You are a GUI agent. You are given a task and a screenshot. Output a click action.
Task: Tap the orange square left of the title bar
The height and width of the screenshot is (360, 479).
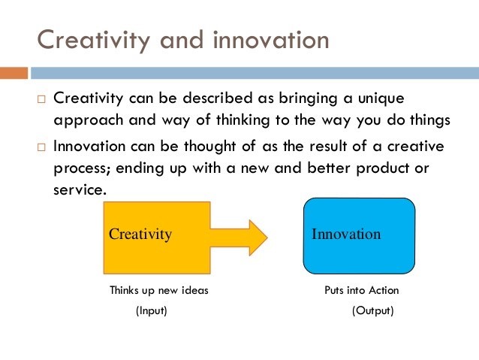click(14, 74)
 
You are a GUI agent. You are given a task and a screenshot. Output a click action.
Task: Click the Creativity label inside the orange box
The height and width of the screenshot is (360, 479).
click(140, 234)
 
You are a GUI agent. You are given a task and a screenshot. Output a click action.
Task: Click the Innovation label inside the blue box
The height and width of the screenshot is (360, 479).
click(346, 234)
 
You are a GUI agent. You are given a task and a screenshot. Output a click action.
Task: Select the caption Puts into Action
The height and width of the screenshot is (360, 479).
click(362, 290)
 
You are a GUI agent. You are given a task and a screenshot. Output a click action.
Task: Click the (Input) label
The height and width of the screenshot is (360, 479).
click(151, 310)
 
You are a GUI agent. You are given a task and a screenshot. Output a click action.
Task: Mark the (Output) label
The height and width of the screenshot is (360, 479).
click(372, 310)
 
